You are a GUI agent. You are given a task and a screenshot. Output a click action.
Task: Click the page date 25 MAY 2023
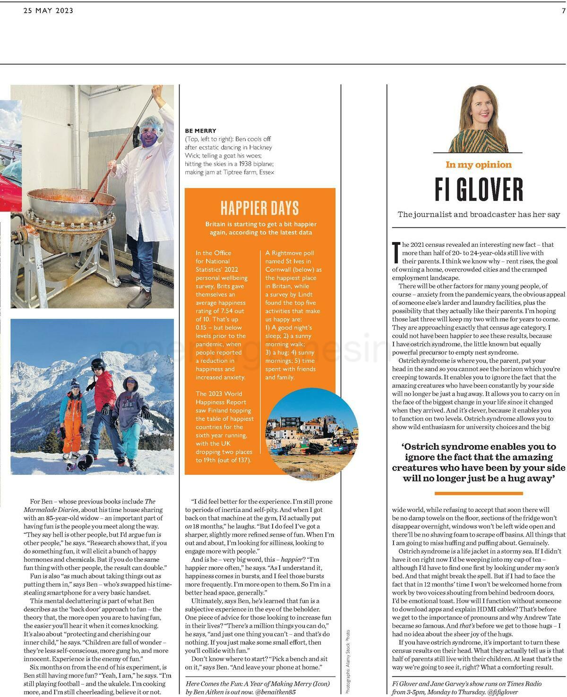[48, 11]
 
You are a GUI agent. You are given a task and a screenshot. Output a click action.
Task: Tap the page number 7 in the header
[563, 11]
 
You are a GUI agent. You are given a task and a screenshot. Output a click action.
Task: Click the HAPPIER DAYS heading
[259, 208]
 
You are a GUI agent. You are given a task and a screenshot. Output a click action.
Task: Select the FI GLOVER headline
[479, 189]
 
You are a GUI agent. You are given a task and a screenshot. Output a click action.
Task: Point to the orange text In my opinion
[479, 165]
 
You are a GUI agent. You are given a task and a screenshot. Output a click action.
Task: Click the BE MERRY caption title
[200, 131]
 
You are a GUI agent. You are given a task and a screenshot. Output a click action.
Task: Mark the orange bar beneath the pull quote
[479, 493]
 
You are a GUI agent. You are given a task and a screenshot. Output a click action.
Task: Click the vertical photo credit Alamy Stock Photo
[348, 661]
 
